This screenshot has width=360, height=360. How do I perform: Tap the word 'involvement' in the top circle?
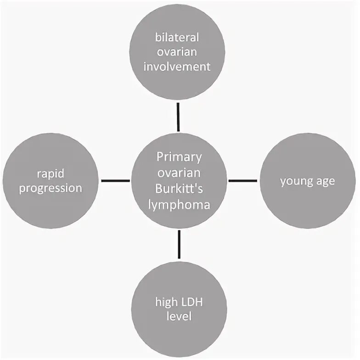(177, 66)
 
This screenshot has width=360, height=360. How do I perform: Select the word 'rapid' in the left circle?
(51, 173)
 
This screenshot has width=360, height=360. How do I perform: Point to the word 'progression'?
(51, 188)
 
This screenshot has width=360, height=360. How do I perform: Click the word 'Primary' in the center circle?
(179, 157)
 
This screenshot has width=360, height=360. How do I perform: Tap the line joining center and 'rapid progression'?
(115, 180)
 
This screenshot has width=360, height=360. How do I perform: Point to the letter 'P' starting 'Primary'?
(160, 157)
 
